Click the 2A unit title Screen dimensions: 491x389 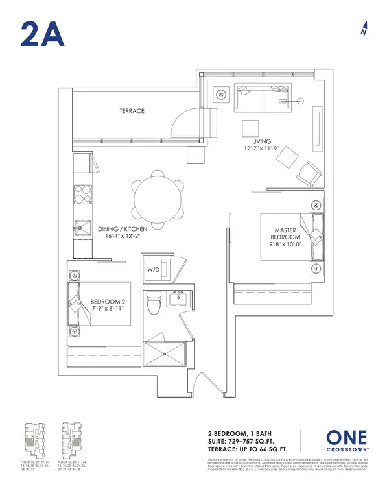[x=42, y=33]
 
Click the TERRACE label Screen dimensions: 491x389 [x=131, y=111]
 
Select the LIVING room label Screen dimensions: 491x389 [x=261, y=141]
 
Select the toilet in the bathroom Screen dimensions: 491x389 [x=154, y=302]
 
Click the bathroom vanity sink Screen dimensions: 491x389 [x=177, y=300]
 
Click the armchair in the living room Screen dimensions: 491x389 [x=309, y=171]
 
